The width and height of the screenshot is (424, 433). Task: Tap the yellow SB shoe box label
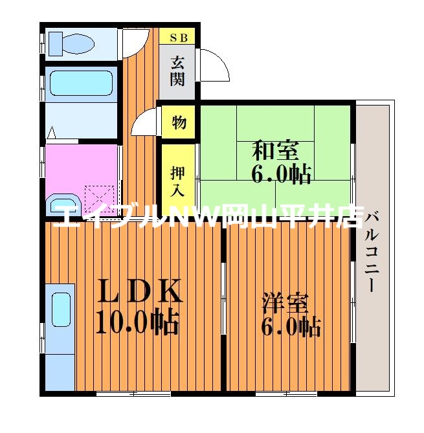(178, 38)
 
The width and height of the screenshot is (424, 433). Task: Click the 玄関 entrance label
(178, 71)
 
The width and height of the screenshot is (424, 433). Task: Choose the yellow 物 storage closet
(179, 121)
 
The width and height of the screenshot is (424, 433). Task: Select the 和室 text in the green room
(275, 150)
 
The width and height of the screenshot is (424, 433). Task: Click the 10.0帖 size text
(137, 322)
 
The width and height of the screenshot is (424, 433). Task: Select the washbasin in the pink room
(63, 203)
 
